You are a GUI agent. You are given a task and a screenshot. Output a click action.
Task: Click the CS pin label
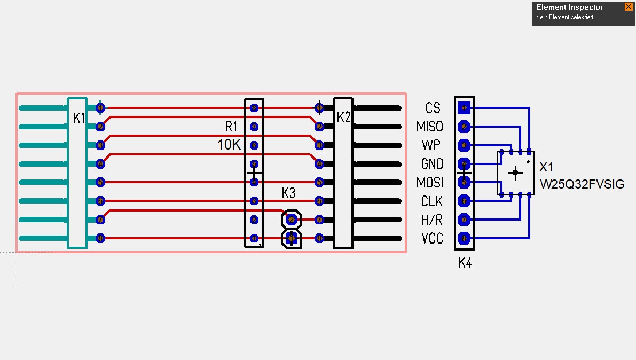tap(433, 108)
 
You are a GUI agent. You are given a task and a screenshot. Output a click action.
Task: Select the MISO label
tap(429, 127)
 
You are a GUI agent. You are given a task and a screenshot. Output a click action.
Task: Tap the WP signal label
tap(431, 145)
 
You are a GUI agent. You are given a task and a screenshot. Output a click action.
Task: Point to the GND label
tap(431, 164)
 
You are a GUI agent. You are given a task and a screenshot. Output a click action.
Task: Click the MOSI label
tap(430, 183)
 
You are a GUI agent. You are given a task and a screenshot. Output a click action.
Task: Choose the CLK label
tap(431, 201)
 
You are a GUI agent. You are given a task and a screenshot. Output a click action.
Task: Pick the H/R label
tap(431, 220)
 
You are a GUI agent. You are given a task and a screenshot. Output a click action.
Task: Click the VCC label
tap(432, 239)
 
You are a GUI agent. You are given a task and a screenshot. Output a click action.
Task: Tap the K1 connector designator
tap(79, 118)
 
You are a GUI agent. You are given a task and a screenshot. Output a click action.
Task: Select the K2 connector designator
tap(344, 118)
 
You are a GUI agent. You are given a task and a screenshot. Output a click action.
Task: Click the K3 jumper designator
tap(288, 193)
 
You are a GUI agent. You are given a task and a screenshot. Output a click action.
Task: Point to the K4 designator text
tap(465, 263)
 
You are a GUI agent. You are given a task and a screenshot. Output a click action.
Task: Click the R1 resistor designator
tap(231, 127)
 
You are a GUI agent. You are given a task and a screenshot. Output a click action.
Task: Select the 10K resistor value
tap(229, 145)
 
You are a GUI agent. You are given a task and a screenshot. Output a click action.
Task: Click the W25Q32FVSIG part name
tap(582, 185)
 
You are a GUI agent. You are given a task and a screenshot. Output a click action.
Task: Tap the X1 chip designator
tap(546, 167)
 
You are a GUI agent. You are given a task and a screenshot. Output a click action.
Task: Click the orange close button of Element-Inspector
tap(628, 7)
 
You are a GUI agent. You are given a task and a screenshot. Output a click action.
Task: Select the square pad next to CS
tap(465, 108)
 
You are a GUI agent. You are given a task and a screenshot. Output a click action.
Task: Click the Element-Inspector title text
tap(569, 7)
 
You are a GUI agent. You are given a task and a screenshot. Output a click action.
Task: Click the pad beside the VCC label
tap(465, 238)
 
